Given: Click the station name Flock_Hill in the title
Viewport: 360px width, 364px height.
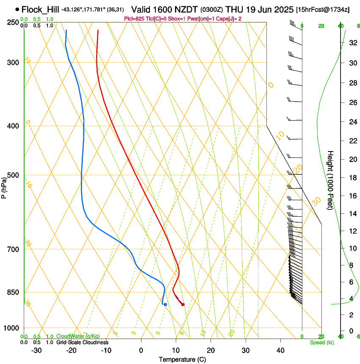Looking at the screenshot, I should point(41,9).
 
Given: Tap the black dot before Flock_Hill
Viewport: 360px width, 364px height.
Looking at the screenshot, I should point(17,9).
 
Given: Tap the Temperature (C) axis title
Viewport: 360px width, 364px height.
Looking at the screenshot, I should point(183,359).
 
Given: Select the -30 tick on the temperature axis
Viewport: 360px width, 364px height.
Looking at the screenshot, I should point(36,350).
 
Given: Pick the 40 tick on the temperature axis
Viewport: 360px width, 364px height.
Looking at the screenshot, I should point(280,350).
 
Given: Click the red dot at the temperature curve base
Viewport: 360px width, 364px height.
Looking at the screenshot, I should point(183,304).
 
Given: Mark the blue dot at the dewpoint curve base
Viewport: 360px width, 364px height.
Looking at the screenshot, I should point(165,304).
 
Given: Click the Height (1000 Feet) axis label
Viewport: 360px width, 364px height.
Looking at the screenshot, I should point(331,180).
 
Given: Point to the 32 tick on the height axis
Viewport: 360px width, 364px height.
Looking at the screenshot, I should point(352,43).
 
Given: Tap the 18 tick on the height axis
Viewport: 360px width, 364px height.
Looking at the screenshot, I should point(352,178).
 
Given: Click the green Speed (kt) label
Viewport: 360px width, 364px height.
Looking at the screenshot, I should point(321,342).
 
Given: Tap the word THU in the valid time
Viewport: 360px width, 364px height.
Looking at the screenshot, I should point(235,9).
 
